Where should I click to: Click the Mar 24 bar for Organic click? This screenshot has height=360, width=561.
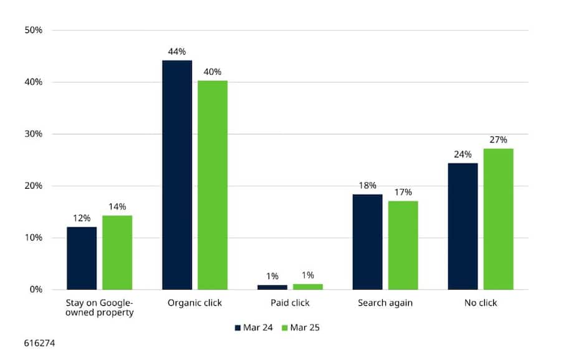pyautogui.click(x=177, y=175)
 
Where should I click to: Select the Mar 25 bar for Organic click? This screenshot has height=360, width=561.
pyautogui.click(x=213, y=185)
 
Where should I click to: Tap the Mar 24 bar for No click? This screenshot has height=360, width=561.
pyautogui.click(x=463, y=226)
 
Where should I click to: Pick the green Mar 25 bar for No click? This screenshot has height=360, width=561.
pyautogui.click(x=498, y=219)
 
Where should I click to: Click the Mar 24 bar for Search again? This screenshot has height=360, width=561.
pyautogui.click(x=367, y=242)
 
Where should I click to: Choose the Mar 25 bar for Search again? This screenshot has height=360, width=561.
pyautogui.click(x=403, y=245)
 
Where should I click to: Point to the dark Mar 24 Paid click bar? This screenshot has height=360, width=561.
pyautogui.click(x=272, y=287)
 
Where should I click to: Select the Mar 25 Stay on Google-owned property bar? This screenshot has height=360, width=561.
pyautogui.click(x=117, y=252)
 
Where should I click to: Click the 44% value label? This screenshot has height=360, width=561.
pyautogui.click(x=177, y=52)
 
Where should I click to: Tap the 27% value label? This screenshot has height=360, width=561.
pyautogui.click(x=498, y=140)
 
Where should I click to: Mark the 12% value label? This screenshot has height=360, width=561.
pyautogui.click(x=82, y=218)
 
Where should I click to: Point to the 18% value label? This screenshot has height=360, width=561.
pyautogui.click(x=367, y=186)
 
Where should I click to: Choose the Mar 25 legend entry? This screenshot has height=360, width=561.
pyautogui.click(x=302, y=327)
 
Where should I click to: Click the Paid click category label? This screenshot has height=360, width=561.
pyautogui.click(x=290, y=304)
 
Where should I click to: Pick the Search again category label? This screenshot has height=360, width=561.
pyautogui.click(x=385, y=304)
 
